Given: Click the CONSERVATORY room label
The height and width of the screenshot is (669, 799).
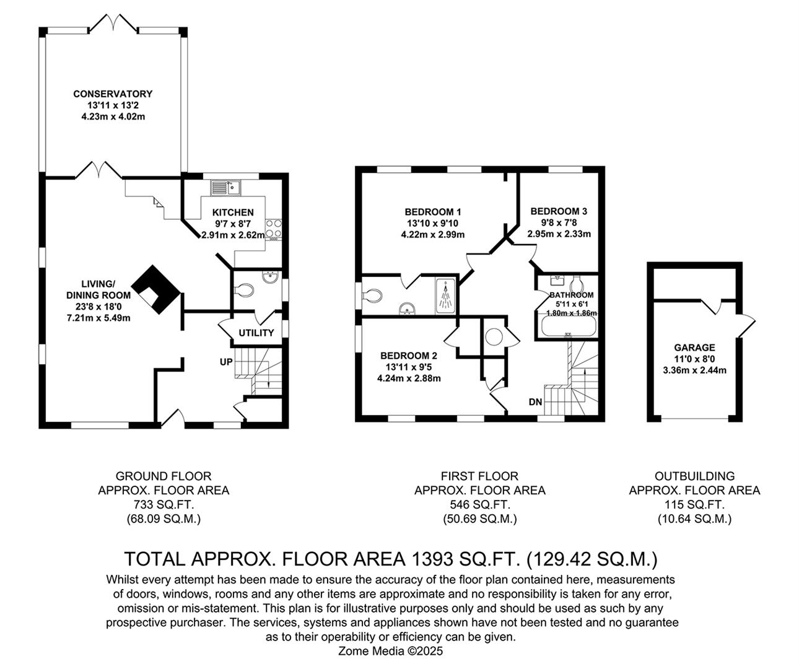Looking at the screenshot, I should coord(113,94).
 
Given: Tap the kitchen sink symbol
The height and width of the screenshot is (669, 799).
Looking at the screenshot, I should coord(225,186).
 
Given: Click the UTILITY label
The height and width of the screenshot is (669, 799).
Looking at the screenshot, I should coord(256,333).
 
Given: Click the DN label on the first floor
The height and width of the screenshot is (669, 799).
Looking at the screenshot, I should coord(535,402).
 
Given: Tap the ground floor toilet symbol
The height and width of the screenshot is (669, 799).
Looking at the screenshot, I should coord(243,289).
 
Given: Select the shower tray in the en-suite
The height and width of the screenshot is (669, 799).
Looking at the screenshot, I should coord(445,296).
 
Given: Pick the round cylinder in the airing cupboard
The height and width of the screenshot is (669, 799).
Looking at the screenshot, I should coord(494,337).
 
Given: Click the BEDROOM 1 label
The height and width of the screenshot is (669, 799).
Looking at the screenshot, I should coord(433,211).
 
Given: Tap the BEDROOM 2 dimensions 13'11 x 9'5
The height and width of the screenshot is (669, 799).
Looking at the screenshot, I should coord(409,367).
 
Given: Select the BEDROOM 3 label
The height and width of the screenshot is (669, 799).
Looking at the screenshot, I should coord(559,211).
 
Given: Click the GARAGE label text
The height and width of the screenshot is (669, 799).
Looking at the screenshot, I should coord(694,348).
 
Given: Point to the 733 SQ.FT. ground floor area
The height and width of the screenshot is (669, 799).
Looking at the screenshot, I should coord(164,505).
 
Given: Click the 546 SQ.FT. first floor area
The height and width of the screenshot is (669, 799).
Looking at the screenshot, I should coord(479,505).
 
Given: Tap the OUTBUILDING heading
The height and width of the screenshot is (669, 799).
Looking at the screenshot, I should coord(694,476).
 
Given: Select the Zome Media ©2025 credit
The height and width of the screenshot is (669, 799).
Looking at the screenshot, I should coord(390,651).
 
